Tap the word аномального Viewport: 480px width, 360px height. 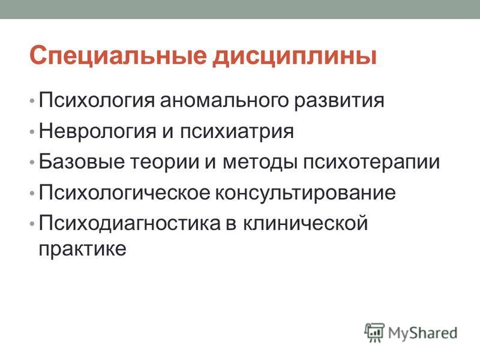[224, 100]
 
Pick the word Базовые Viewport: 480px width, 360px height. [82, 161]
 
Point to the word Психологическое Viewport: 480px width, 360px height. [125, 192]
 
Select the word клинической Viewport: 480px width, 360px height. [305, 223]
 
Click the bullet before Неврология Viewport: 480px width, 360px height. [32, 132]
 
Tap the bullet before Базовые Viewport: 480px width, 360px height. [32, 163]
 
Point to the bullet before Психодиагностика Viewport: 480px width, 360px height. [32, 224]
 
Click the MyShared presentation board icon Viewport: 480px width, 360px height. [374, 332]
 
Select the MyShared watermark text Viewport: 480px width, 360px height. [423, 333]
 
